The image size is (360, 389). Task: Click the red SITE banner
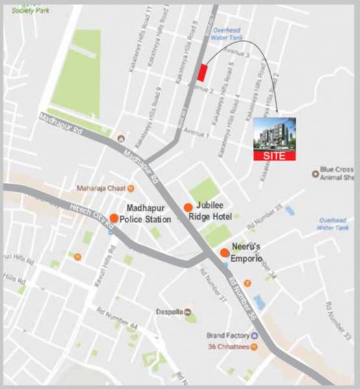[273, 156]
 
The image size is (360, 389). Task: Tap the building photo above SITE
[273, 134]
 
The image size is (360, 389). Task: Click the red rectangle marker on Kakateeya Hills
[202, 72]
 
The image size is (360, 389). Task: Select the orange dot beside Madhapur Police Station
[114, 218]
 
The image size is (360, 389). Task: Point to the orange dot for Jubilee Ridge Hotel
[187, 207]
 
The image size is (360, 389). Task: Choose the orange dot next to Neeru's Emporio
[224, 253]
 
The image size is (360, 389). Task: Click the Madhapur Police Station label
[149, 214]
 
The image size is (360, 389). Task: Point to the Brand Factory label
[228, 335]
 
